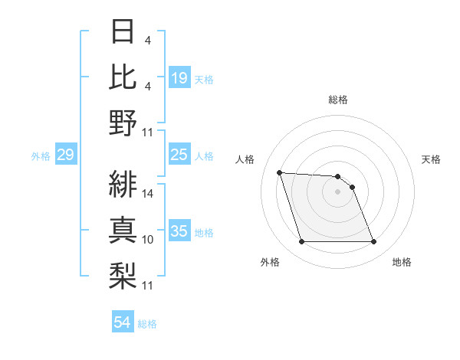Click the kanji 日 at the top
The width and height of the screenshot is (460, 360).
124,32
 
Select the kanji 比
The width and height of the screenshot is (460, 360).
124,77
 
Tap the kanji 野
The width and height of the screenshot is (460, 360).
124,123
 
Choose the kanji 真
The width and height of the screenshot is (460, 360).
124,227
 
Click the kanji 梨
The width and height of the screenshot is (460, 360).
124,273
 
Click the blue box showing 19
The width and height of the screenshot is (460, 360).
179,77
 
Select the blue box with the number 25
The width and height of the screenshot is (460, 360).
179,155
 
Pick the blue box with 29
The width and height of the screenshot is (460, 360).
65,155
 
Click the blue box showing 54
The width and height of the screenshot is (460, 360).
122,322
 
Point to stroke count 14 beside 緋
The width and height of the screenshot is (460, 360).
148,193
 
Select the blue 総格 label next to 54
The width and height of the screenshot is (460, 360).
147,324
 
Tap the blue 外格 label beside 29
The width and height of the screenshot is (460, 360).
41,156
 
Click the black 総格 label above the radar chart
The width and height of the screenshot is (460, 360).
338,100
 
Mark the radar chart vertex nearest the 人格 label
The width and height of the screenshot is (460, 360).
279,172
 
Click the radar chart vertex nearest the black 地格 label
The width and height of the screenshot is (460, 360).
373,242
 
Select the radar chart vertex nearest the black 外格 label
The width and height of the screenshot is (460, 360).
301,242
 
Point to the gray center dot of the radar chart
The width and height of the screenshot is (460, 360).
338,191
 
